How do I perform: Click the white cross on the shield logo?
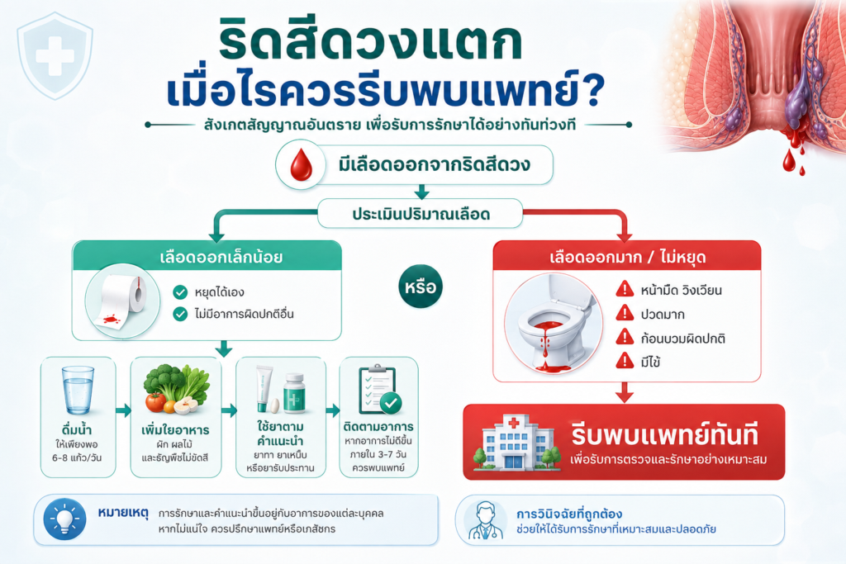[55, 55]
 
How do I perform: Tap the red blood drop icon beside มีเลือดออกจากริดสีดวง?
[301, 165]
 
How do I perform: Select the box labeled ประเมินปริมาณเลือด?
[421, 214]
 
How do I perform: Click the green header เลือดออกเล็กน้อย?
[207, 256]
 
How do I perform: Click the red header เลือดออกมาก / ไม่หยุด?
[627, 256]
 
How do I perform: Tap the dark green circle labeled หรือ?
[421, 287]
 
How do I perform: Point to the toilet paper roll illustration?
[122, 301]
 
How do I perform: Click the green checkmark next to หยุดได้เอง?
[180, 292]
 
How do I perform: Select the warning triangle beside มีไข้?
[625, 361]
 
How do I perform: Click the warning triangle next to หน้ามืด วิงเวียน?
[625, 290]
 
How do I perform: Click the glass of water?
[78, 391]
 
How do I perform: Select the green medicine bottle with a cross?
[295, 393]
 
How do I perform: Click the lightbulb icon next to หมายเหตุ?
[64, 519]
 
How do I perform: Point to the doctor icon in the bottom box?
[484, 521]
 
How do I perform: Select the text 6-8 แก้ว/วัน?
[77, 457]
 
